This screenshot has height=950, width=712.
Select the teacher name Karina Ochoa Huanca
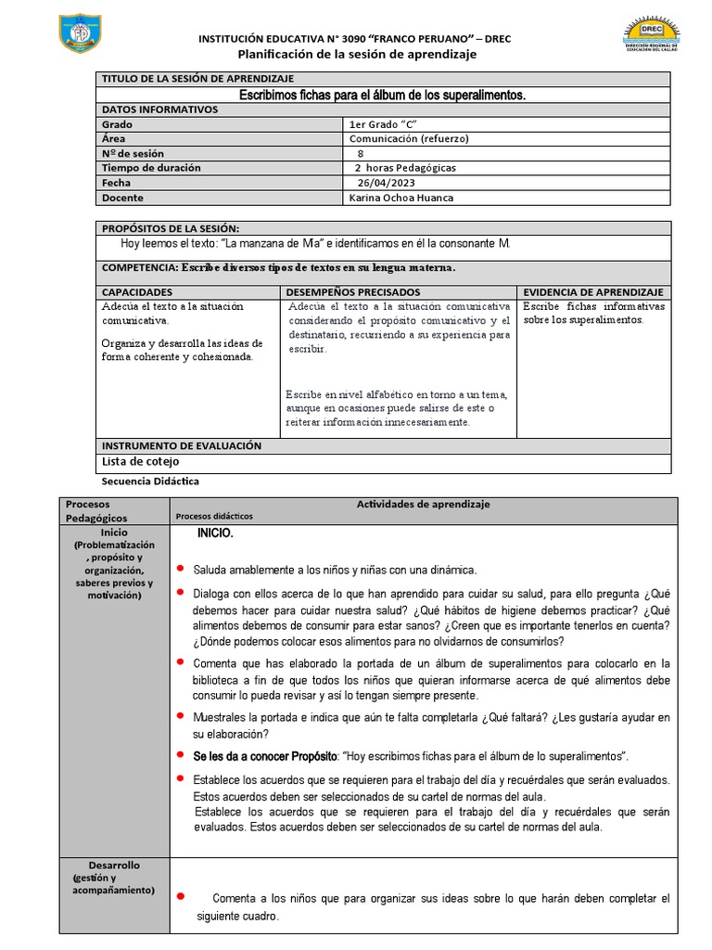401,198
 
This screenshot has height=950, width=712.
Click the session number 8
361,153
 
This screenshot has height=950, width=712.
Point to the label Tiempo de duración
150,168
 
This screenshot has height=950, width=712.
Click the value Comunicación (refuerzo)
409,138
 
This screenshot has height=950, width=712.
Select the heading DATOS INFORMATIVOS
159,109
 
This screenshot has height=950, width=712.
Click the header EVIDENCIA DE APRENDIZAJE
593,291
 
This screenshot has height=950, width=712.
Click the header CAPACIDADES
137,291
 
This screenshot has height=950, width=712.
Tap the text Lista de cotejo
140,461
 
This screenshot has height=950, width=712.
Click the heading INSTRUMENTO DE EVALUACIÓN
181,445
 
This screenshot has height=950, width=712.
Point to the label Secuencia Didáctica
149,481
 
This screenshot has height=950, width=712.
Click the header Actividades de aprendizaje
423,504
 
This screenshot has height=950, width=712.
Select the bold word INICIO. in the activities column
215,534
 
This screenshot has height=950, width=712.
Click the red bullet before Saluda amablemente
180,568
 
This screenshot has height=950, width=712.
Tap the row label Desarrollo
116,865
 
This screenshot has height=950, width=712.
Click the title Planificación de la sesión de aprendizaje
356,55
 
